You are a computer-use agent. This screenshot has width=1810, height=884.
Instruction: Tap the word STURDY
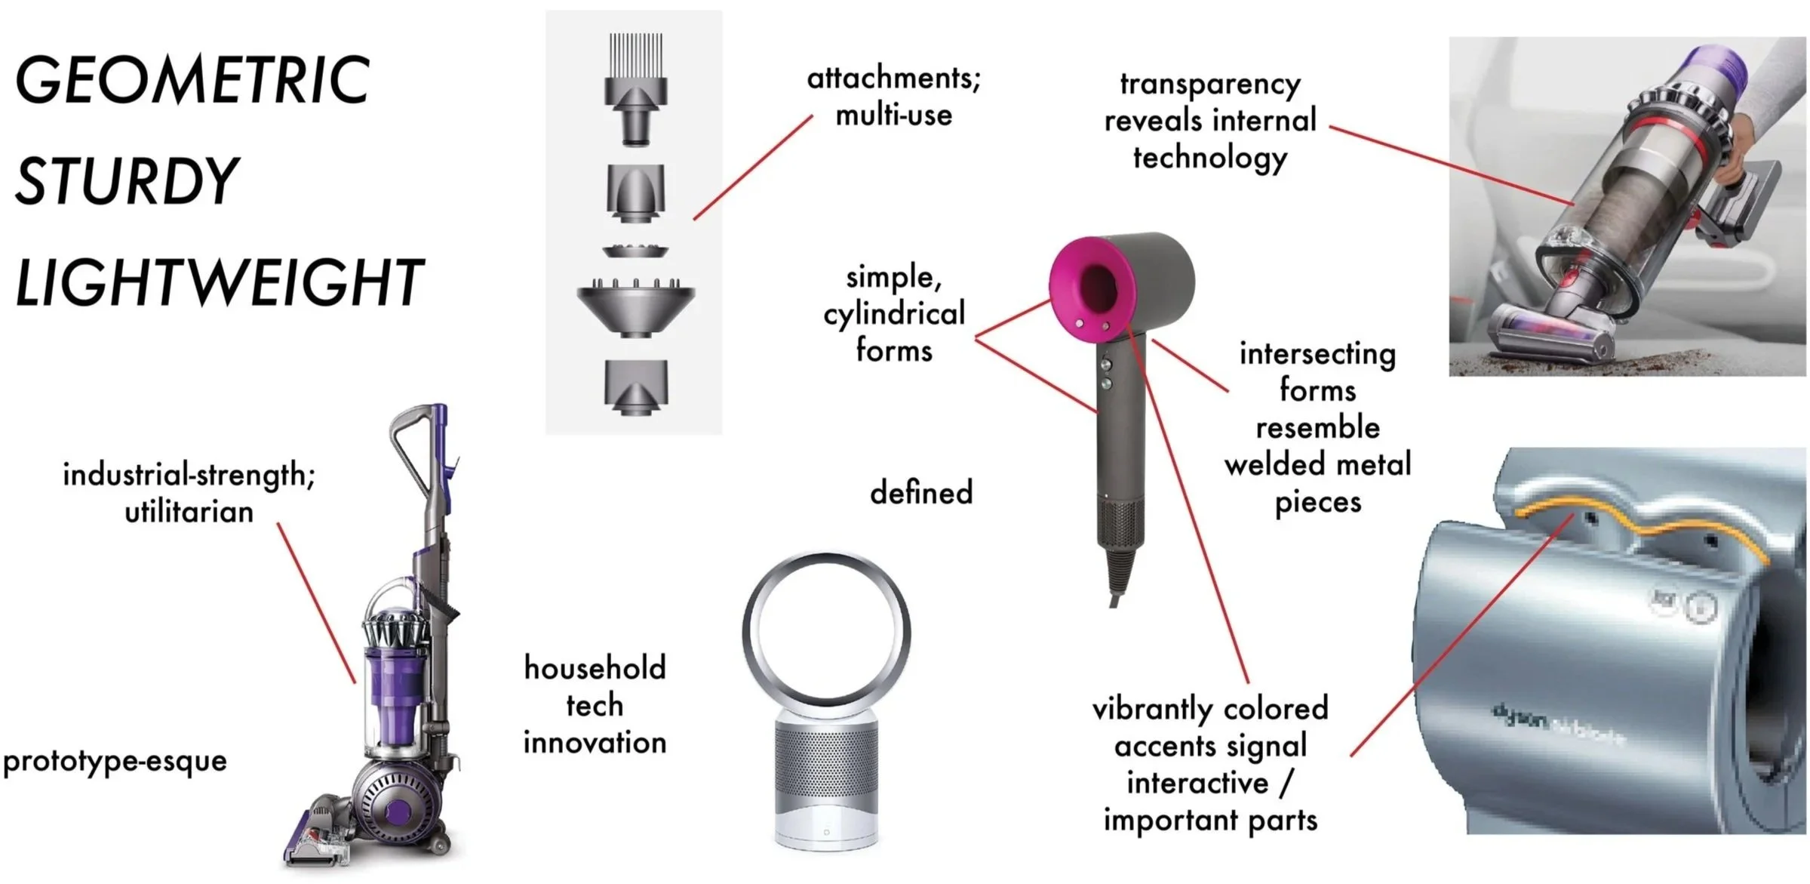[127, 181]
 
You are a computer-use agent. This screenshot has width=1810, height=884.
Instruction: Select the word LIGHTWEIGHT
[219, 282]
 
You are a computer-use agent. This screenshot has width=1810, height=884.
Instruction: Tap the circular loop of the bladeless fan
[826, 562]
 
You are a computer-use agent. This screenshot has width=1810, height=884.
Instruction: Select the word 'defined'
[921, 493]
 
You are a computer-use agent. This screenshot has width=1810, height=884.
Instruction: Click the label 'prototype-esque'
[115, 761]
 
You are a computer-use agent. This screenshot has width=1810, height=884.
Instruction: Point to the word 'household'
[595, 669]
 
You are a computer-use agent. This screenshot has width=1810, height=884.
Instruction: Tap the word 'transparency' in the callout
[1210, 85]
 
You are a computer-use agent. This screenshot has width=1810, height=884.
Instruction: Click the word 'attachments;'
[893, 79]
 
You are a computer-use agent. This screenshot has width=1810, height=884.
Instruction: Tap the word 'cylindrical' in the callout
[893, 314]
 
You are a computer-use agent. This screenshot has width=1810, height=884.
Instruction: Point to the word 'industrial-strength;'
[189, 476]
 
